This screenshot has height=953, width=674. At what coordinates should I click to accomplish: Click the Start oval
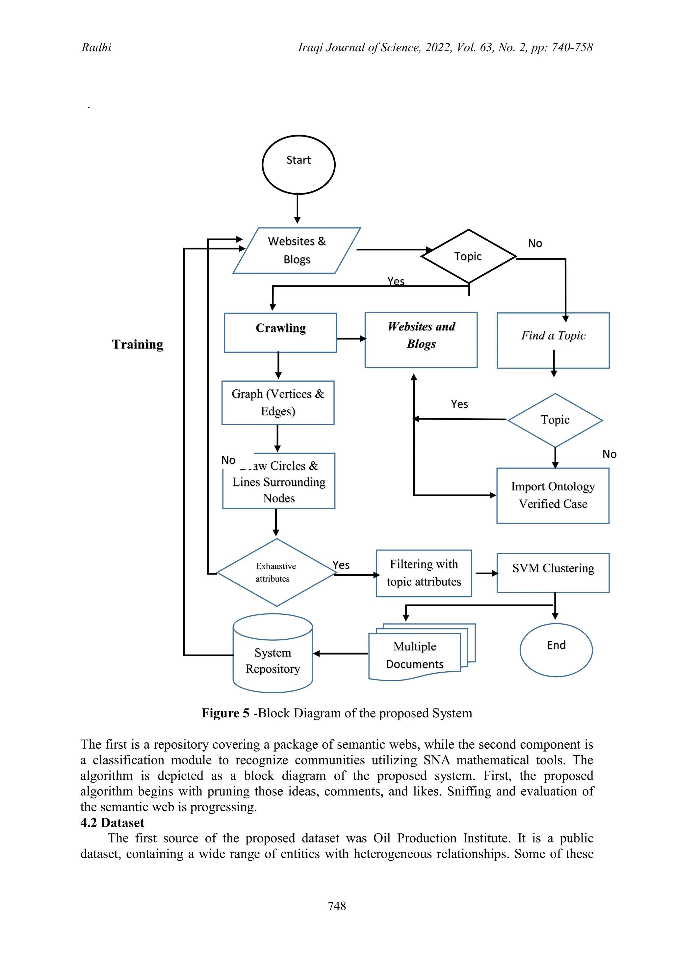(298, 165)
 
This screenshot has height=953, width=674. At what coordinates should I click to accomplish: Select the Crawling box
(280, 332)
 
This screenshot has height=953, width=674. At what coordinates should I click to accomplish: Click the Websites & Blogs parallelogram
(297, 250)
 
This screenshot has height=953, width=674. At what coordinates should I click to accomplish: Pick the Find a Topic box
(553, 340)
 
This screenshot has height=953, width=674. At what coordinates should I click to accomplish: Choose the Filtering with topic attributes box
(424, 573)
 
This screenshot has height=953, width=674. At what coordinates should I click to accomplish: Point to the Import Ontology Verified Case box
(553, 495)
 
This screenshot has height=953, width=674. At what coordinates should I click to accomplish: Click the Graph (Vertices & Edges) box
(278, 402)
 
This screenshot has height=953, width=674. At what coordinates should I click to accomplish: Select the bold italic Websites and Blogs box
(421, 340)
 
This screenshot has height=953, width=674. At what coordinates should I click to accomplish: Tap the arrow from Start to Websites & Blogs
(297, 209)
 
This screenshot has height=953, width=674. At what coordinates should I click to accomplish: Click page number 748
(337, 906)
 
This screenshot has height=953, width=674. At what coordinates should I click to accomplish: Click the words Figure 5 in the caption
(225, 713)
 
